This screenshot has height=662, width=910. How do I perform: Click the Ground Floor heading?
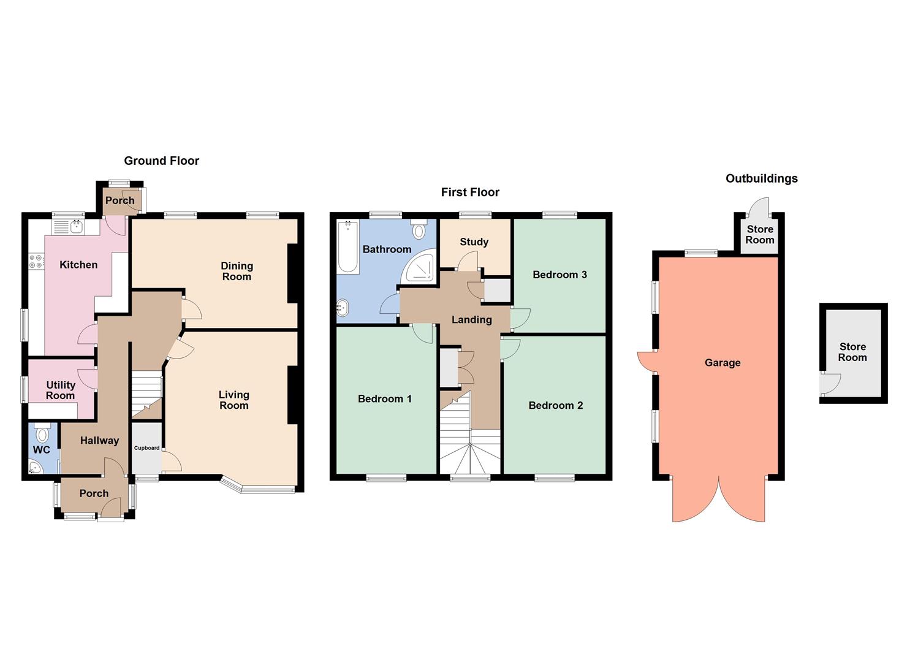click(x=161, y=161)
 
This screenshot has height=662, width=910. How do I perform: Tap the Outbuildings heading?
click(x=761, y=178)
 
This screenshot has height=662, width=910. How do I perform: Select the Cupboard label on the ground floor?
click(x=146, y=448)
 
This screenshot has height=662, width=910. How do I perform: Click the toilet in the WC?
click(x=42, y=434)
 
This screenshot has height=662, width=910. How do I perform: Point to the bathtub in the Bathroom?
click(x=347, y=246)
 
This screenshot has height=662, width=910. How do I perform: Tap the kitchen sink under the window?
click(x=77, y=227)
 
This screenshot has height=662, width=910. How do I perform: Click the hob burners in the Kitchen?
click(x=36, y=262)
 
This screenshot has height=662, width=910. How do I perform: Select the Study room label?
click(x=474, y=242)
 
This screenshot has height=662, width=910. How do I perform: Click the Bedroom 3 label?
click(x=559, y=275)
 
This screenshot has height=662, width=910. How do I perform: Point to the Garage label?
click(x=722, y=363)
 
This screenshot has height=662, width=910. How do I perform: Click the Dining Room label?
click(x=237, y=271)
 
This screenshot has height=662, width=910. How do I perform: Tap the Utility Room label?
click(x=60, y=390)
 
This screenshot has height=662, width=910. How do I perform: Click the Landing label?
click(x=471, y=319)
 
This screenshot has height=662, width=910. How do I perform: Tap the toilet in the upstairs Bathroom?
click(x=419, y=229)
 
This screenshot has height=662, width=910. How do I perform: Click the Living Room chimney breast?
click(x=292, y=395)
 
